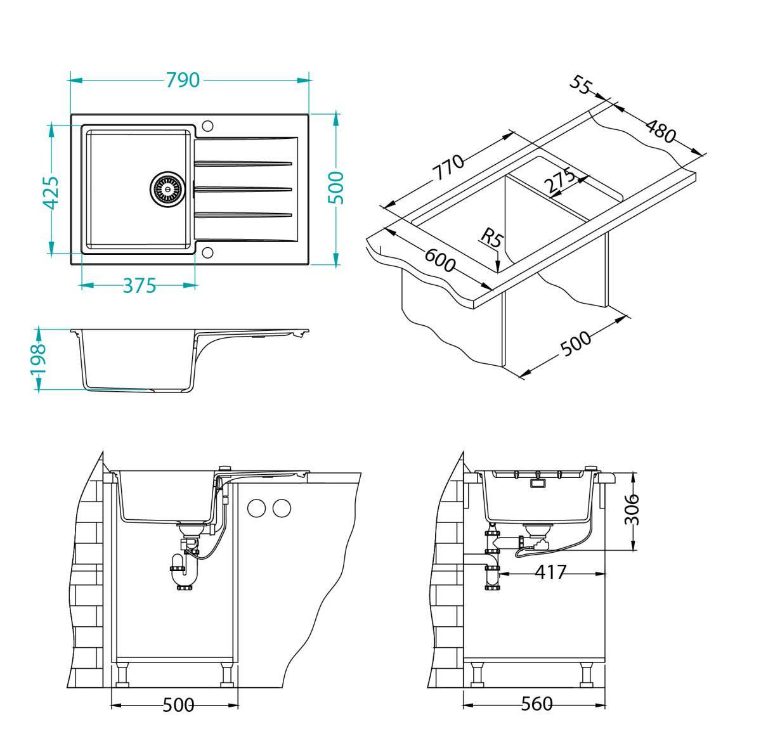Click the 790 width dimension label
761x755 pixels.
(x=183, y=80)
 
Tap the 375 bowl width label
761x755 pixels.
(x=140, y=285)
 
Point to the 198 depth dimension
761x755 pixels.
(x=38, y=359)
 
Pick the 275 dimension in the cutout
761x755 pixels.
(x=559, y=181)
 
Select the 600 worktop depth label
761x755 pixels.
(x=439, y=260)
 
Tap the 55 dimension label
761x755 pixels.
(x=582, y=86)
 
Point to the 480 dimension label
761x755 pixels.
(x=661, y=131)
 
